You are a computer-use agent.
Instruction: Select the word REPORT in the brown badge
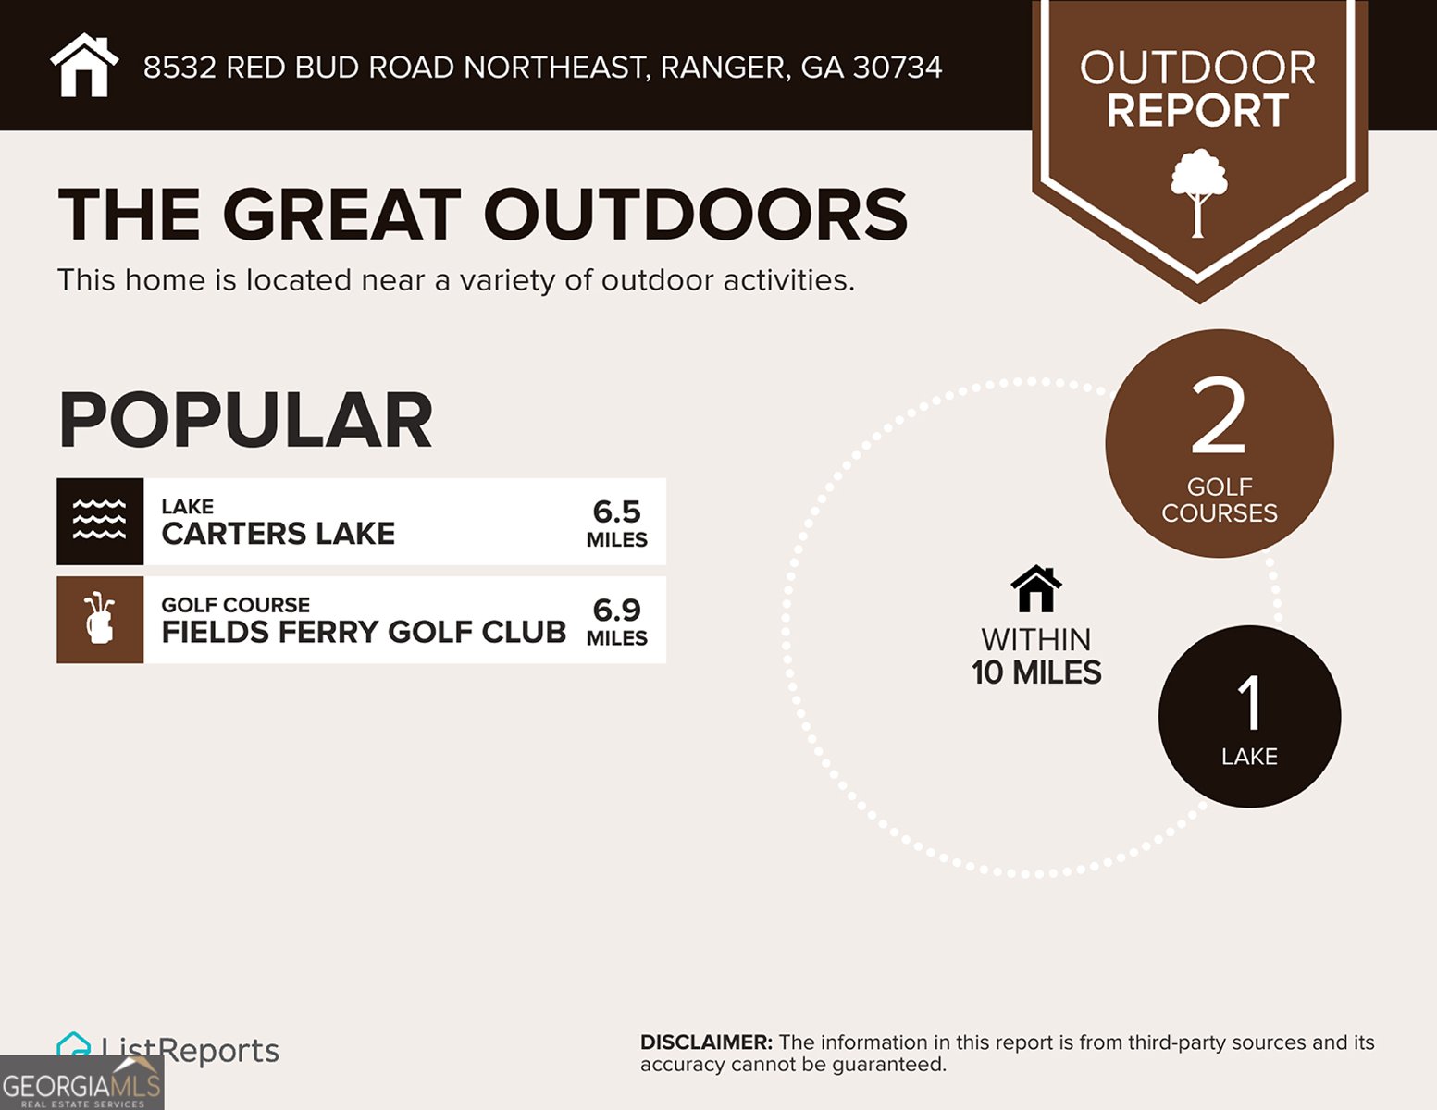click(1197, 111)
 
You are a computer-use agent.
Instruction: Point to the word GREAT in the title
click(341, 215)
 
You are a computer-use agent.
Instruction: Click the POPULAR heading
click(245, 420)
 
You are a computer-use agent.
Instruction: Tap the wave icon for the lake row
click(100, 521)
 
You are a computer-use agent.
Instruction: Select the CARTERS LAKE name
click(278, 534)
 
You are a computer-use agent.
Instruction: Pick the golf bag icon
click(100, 620)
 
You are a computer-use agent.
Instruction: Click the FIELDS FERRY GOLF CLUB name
click(364, 632)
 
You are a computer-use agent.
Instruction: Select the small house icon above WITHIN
click(1036, 589)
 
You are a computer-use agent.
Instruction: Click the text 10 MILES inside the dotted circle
click(1036, 672)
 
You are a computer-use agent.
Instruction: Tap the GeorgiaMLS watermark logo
click(81, 1084)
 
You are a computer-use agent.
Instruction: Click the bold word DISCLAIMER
click(705, 1042)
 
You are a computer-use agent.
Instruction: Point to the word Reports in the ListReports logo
click(219, 1051)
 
